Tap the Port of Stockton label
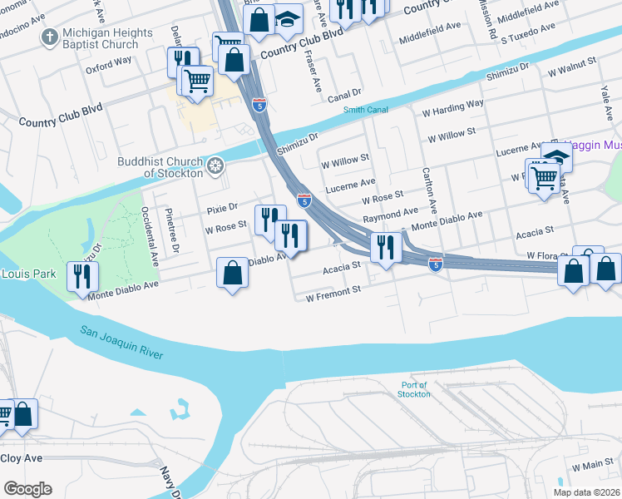coord(413,389)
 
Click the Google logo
coord(27,489)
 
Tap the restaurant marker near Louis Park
coord(82,276)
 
